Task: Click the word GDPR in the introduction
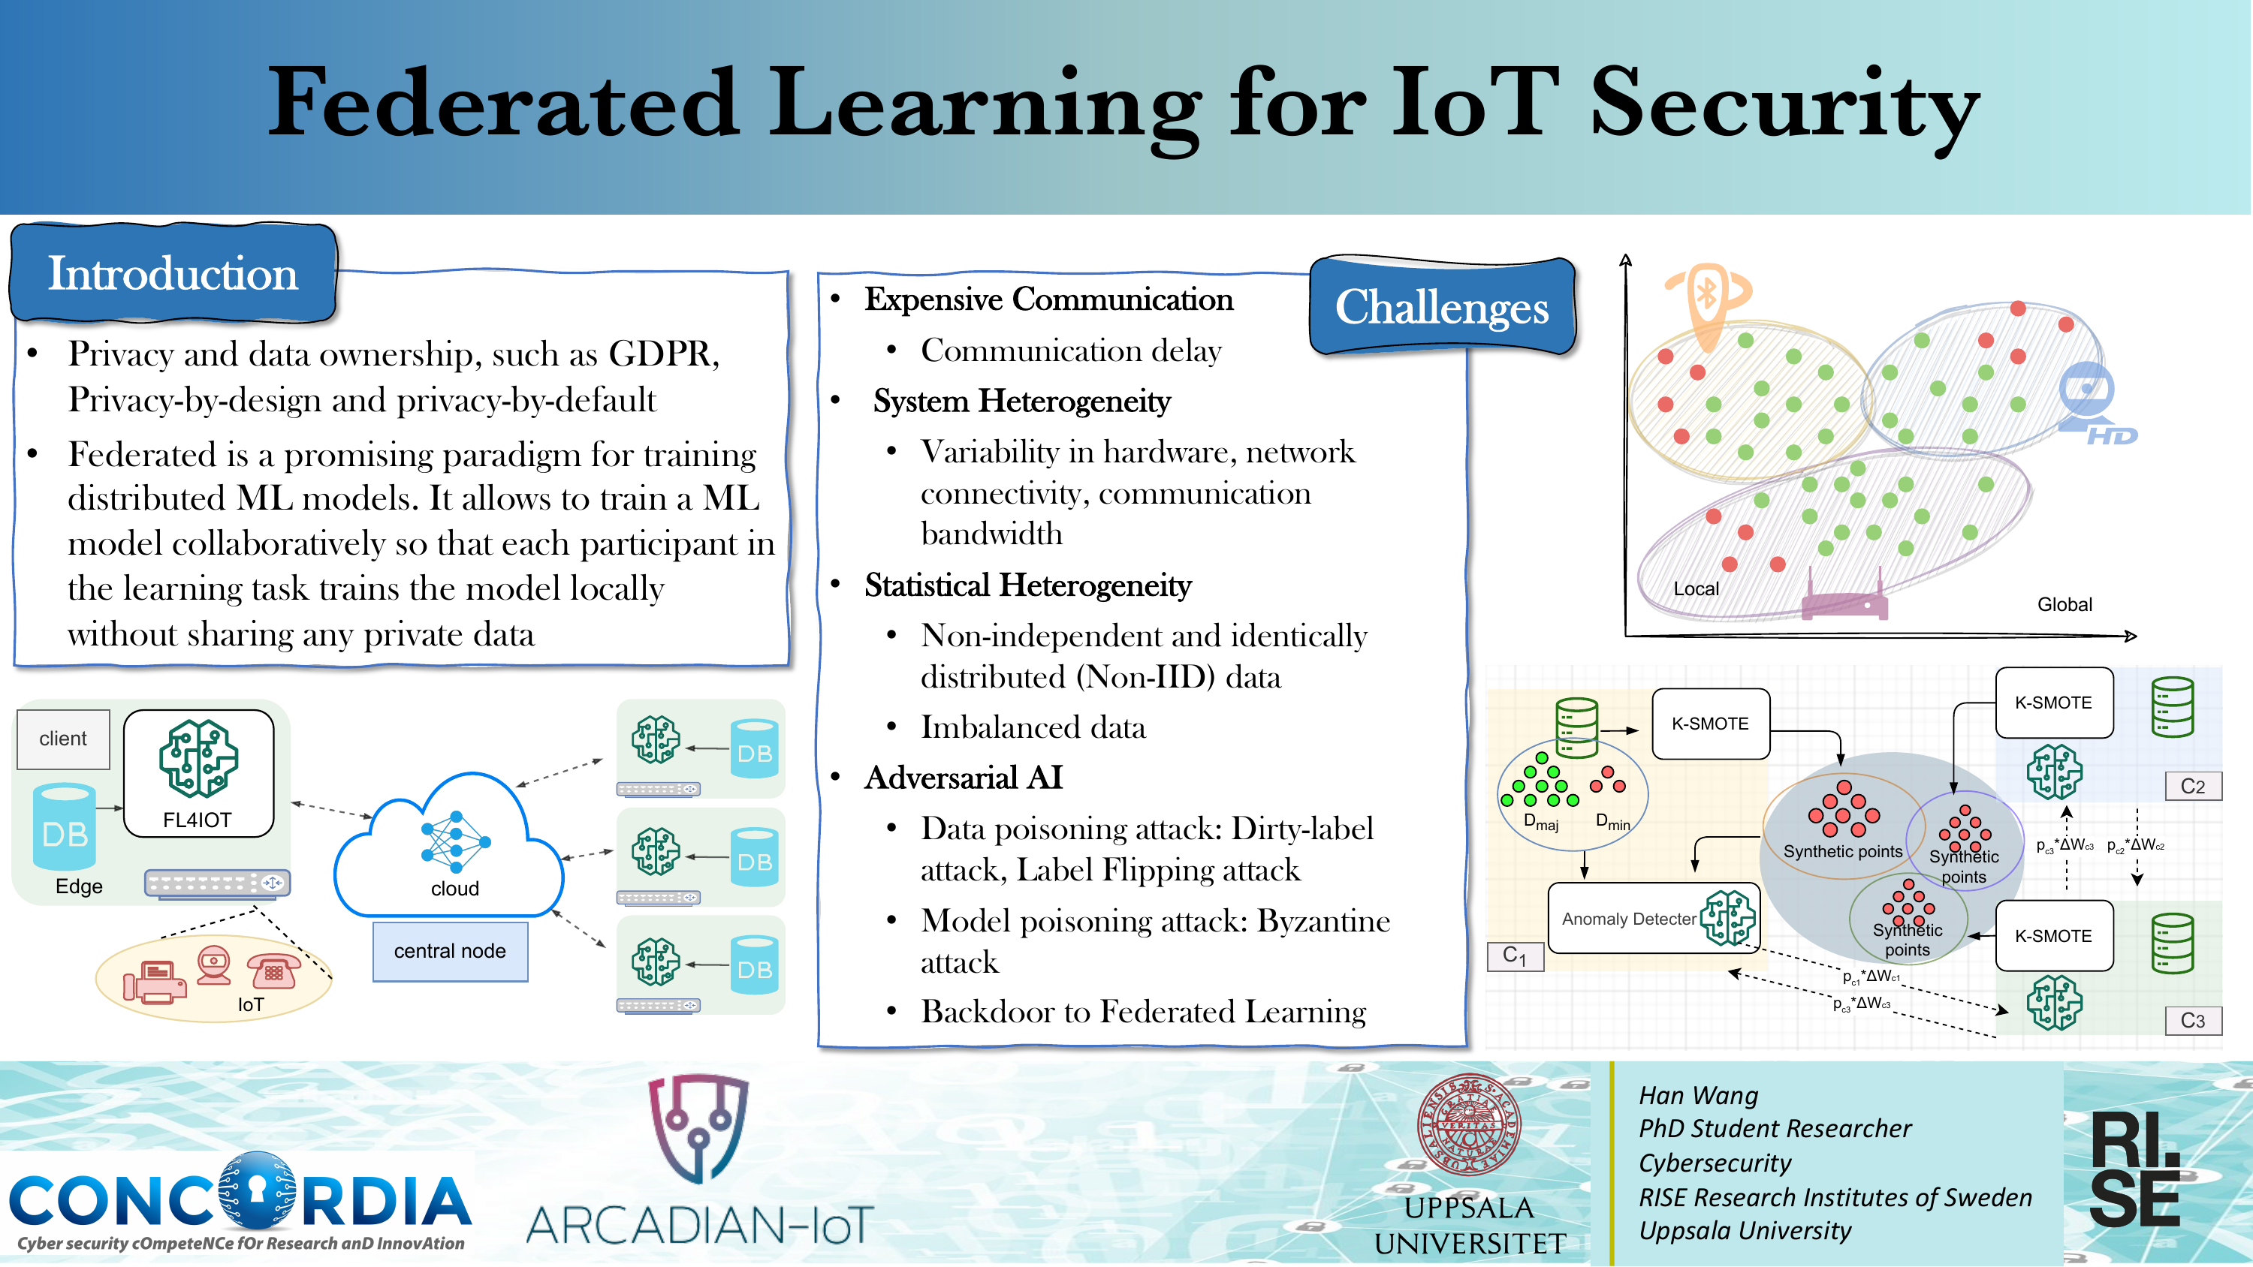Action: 664,354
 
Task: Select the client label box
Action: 63,739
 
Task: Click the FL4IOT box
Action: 198,774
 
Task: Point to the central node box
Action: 451,951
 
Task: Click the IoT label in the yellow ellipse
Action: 250,1005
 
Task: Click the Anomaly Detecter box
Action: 1653,918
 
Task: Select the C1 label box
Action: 1515,956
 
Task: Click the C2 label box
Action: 2193,786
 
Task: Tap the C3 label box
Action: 2193,1020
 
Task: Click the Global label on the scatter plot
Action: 2064,604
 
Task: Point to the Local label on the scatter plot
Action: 1696,589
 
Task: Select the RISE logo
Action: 2134,1169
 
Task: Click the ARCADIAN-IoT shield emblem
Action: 698,1129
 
